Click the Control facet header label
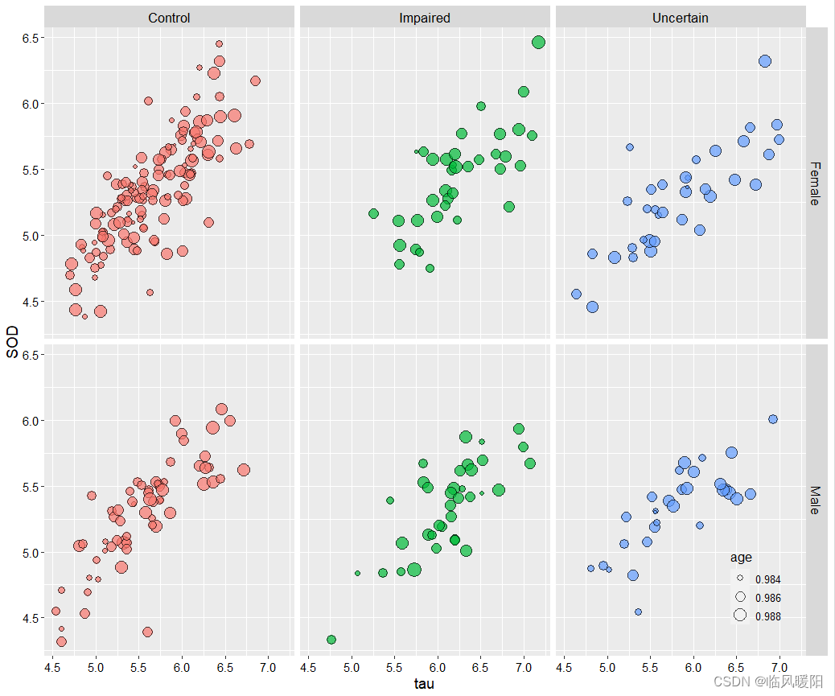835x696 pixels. tap(169, 17)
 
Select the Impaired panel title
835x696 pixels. tap(425, 17)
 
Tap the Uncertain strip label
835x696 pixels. tap(680, 17)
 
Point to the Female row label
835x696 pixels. tap(815, 183)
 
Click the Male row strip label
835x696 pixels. tap(815, 500)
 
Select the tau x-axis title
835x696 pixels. tap(425, 683)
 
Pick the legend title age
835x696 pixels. tap(741, 558)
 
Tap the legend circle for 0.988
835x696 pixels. tap(740, 616)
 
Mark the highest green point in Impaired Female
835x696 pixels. tap(538, 42)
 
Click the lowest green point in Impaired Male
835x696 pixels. tap(331, 640)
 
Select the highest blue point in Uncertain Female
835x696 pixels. tap(765, 61)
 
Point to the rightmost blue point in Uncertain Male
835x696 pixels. tap(773, 419)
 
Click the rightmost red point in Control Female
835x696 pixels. tap(255, 80)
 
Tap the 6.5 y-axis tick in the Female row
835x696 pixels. tap(32, 38)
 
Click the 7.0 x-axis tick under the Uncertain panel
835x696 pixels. tap(779, 667)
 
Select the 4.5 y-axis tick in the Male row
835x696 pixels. tap(32, 618)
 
